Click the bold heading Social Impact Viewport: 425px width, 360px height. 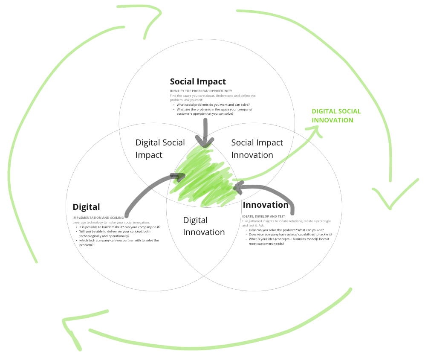[198, 81]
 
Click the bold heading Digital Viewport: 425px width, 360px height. [86, 207]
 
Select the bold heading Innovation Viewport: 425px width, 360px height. [265, 205]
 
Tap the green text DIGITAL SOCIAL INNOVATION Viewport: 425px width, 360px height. [336, 116]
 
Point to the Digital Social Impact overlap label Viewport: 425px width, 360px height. [160, 148]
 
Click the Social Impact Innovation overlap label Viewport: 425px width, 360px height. [257, 148]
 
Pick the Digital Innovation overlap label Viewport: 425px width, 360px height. [204, 226]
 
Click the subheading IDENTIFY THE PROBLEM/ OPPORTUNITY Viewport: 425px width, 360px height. [201, 91]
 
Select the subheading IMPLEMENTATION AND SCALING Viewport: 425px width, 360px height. [98, 218]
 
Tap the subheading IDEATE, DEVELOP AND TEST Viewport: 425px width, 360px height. [263, 217]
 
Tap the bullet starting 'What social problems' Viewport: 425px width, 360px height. [213, 105]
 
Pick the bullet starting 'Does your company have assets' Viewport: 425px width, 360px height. [290, 234]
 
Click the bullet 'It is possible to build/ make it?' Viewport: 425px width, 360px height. [120, 227]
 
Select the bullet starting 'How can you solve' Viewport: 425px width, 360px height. [286, 230]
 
